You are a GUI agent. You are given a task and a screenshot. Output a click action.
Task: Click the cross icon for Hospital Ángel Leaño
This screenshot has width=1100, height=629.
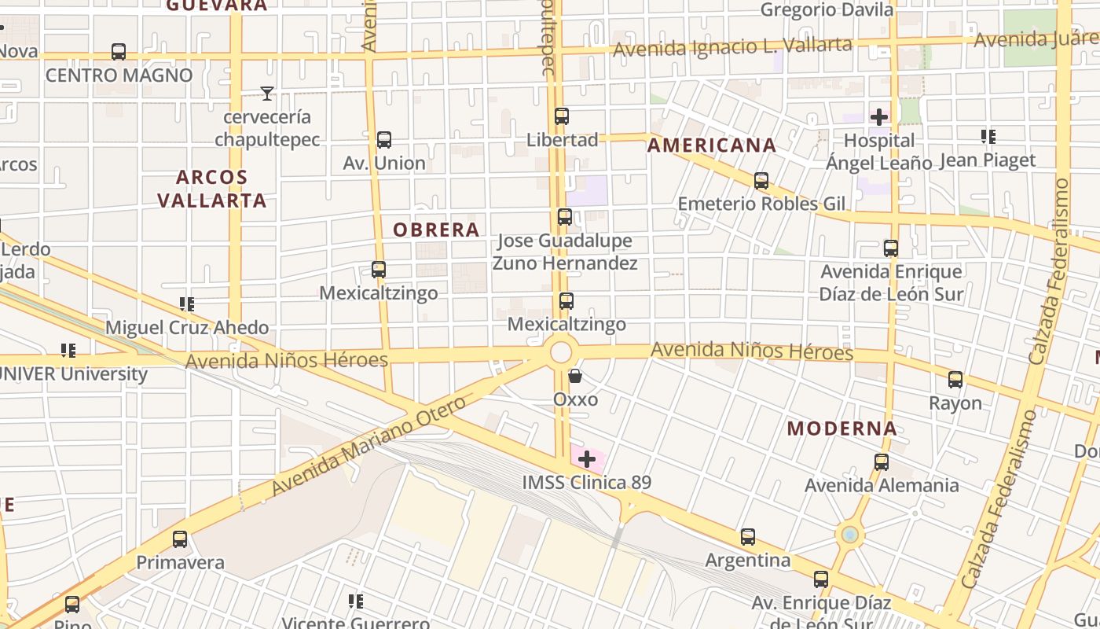(x=879, y=117)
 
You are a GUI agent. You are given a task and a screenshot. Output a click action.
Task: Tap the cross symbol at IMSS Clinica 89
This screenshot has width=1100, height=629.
(x=587, y=459)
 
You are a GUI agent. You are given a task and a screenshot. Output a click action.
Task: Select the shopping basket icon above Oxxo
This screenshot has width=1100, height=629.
(x=575, y=376)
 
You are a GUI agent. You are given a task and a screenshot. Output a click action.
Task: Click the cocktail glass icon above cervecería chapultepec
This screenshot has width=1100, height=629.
(x=267, y=94)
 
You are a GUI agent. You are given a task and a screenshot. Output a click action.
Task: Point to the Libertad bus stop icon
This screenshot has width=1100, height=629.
(x=562, y=116)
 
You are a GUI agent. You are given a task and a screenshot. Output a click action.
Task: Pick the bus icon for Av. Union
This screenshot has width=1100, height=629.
(x=384, y=140)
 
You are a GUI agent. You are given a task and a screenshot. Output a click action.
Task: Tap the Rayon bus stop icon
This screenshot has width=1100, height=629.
(x=955, y=380)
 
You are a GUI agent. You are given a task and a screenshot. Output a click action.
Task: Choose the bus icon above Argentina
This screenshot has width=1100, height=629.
(x=748, y=537)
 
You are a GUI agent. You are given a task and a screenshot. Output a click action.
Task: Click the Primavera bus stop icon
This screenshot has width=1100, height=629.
(x=180, y=539)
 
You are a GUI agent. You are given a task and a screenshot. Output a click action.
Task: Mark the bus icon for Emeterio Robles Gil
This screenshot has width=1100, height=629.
(x=761, y=181)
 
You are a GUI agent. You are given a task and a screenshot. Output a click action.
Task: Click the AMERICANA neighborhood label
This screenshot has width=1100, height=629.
(x=711, y=145)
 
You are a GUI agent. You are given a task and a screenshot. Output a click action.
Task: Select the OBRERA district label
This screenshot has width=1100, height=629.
(x=436, y=230)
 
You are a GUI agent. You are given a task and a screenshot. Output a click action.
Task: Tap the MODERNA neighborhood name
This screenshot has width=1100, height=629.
(x=841, y=429)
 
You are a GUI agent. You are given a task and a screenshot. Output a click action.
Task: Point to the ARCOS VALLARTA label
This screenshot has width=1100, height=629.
(x=212, y=189)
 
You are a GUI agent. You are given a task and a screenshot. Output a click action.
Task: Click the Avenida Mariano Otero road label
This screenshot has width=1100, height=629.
(x=368, y=446)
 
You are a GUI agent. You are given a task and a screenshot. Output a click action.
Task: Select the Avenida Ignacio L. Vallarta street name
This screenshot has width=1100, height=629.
(x=731, y=46)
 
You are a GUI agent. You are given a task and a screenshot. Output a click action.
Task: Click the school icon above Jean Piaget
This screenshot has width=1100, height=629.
(x=988, y=137)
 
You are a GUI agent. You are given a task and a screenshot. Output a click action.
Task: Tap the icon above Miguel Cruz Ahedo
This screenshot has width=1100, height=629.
(x=187, y=303)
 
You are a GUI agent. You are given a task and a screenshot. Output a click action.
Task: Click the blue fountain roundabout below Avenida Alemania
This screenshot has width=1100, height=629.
(x=849, y=535)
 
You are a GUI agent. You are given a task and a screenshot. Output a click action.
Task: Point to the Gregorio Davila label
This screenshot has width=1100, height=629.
(x=827, y=10)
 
